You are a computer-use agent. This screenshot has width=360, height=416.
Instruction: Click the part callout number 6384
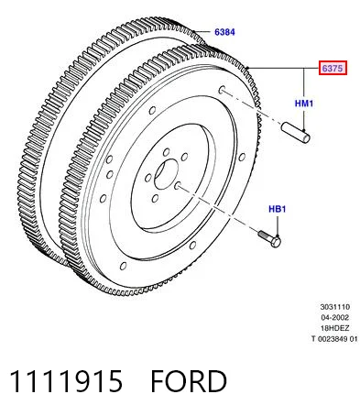click(224, 32)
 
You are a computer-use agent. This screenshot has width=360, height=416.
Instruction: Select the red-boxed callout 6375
click(333, 68)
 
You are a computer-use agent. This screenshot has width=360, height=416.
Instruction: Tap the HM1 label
click(304, 104)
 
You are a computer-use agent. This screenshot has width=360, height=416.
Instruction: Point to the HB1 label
click(278, 209)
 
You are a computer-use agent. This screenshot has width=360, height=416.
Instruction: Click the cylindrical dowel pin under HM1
click(296, 133)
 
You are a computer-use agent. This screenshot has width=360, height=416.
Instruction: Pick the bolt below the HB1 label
click(270, 239)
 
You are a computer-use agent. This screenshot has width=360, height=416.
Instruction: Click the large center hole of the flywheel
click(166, 174)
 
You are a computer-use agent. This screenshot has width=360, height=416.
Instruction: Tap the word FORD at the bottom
click(189, 381)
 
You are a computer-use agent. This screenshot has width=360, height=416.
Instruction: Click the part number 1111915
click(66, 381)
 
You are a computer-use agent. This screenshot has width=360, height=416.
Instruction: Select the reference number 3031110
click(335, 307)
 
